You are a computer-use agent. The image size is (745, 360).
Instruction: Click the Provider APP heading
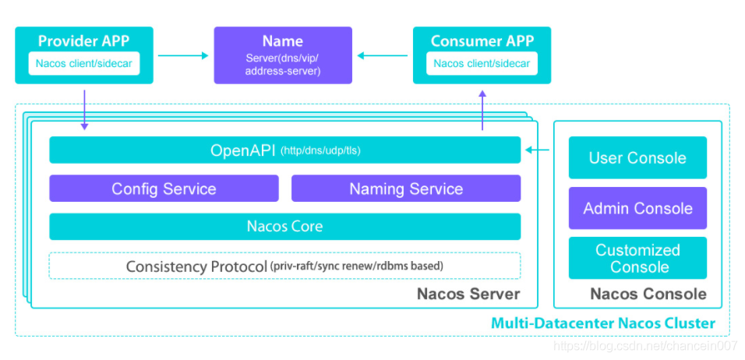pos(83,41)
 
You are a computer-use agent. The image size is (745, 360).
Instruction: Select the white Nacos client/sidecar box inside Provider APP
pos(84,63)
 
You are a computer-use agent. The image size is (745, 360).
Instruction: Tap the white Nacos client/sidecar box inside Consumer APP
pos(482,63)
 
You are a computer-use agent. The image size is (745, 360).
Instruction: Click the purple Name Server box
pos(283,55)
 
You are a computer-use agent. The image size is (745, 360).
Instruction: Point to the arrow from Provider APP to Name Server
pos(183,55)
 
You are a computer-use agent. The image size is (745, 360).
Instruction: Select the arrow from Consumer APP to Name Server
pos(383,55)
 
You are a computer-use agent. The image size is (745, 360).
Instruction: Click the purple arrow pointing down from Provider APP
pos(85,110)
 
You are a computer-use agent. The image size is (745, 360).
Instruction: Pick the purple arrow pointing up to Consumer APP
pos(482,110)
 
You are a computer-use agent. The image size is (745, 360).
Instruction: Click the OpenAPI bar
pos(285,150)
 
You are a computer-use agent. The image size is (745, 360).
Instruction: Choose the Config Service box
pos(164,189)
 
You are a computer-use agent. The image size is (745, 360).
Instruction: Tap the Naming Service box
pos(406,189)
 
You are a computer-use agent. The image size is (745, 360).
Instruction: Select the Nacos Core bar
pos(285,227)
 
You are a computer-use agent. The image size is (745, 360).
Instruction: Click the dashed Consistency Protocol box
pos(285,266)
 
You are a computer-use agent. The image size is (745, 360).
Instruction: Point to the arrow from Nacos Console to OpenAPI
pos(538,150)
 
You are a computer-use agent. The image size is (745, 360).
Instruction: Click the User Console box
pos(637,157)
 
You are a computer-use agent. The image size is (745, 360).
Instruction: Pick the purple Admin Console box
pos(637,208)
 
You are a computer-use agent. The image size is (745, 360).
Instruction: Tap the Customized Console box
pos(637,258)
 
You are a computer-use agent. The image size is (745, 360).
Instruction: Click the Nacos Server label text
pos(468,294)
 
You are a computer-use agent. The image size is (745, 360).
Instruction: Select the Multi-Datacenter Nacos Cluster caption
pos(603,323)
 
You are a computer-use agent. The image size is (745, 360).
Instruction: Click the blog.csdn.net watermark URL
pos(645,346)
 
